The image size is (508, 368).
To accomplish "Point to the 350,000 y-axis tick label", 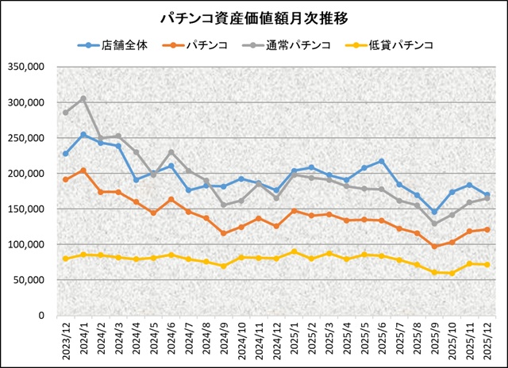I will click(26, 67).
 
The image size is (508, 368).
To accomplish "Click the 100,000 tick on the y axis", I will click(26, 244).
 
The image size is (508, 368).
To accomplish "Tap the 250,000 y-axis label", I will click(26, 138).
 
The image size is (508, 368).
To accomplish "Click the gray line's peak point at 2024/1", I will click(83, 99).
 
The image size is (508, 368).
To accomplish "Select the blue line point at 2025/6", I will click(382, 162).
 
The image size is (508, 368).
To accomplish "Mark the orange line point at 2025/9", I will click(434, 247).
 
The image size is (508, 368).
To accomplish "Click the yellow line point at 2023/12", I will click(66, 259).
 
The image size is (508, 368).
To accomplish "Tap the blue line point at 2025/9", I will click(434, 212).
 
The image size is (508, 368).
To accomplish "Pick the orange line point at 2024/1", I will click(83, 171).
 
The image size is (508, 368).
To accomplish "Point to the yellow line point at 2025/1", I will click(294, 252).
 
